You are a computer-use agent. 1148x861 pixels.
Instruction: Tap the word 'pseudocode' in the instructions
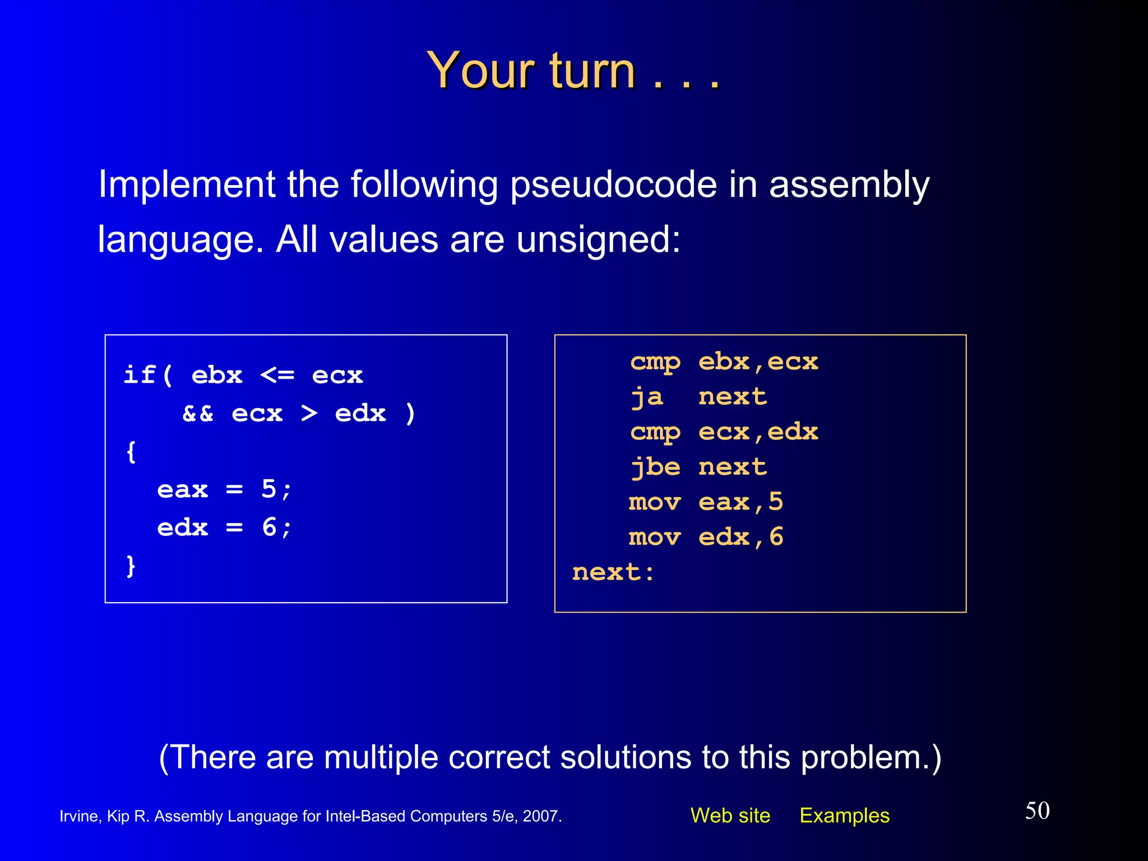[613, 185]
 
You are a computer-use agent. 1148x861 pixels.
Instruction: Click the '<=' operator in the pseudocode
[277, 375]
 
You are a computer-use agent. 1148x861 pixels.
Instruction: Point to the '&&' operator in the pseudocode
[198, 414]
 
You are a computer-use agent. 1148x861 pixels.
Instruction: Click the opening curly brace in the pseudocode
[131, 452]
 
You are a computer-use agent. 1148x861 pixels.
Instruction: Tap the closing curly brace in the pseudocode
[131, 566]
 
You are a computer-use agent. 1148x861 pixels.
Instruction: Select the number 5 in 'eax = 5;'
[269, 489]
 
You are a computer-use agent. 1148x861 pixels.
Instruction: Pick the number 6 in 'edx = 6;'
[269, 527]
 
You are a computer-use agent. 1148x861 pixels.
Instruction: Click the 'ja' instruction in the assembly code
[647, 397]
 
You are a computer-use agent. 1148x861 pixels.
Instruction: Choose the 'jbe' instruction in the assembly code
[655, 467]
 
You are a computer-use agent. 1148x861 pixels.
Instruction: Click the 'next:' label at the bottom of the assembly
[613, 572]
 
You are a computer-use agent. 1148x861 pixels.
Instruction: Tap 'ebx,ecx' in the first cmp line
[758, 362]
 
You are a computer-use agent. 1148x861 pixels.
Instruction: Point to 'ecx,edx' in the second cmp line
[758, 432]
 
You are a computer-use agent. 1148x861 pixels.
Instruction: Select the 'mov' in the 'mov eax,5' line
[655, 502]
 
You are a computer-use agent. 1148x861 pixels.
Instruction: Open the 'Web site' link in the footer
[730, 816]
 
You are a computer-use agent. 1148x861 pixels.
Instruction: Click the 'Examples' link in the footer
[844, 816]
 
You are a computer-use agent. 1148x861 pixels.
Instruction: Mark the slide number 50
[1037, 811]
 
